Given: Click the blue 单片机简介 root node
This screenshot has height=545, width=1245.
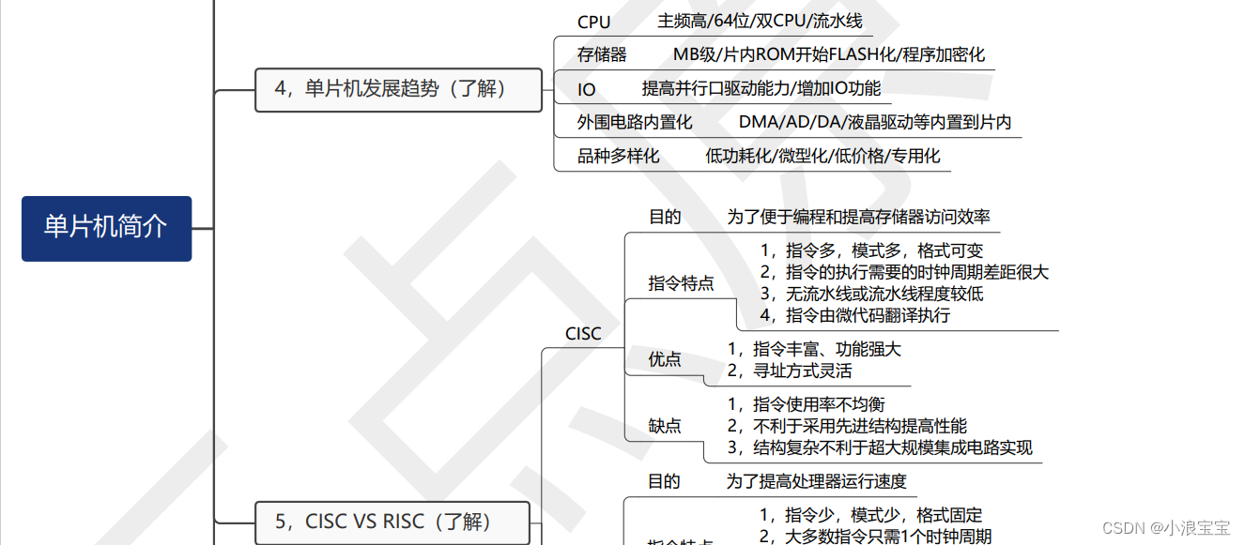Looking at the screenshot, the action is click(106, 228).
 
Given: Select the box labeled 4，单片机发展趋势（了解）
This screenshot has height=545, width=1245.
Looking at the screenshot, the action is click(398, 89).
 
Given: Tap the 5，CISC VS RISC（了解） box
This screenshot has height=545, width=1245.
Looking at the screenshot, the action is click(392, 522).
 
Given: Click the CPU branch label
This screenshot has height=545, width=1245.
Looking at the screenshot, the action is click(593, 22).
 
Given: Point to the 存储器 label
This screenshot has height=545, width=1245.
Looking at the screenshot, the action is click(602, 54).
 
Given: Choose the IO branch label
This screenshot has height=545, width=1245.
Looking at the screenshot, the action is click(587, 89).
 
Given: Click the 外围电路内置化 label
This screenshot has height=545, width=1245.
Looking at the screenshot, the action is click(635, 122).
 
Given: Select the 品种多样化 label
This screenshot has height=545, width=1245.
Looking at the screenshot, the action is click(618, 156).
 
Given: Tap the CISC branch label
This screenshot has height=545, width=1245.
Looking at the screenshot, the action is click(583, 333).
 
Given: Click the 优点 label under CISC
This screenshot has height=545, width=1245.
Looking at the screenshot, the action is click(665, 358).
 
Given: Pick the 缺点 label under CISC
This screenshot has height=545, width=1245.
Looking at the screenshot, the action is click(665, 426).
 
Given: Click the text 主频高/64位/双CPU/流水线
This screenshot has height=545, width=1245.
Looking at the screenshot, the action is click(760, 21).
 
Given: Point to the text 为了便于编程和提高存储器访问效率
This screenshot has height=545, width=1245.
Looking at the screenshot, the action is click(858, 217).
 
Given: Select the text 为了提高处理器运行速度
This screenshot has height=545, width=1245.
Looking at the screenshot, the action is click(816, 481).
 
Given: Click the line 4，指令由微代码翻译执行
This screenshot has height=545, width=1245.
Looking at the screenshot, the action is click(854, 315).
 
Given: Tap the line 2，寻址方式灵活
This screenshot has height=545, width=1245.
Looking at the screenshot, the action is click(790, 371).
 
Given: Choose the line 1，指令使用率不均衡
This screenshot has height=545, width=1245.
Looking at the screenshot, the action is click(807, 404).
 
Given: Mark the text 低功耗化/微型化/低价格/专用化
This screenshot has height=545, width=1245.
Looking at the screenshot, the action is click(822, 156).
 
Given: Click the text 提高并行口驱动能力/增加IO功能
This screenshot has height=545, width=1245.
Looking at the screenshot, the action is click(761, 88).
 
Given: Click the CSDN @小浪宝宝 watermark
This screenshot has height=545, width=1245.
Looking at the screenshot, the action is click(1165, 527).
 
